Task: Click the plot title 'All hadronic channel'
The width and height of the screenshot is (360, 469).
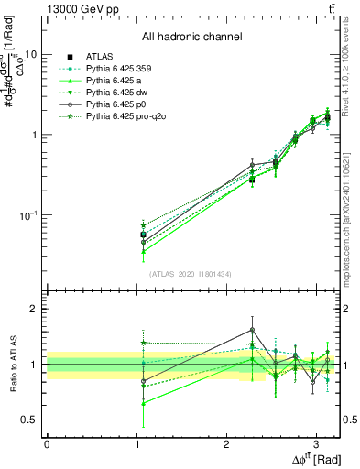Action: click(x=191, y=38)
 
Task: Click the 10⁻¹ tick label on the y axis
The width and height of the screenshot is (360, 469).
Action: click(x=27, y=215)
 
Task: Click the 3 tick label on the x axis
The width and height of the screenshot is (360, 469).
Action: click(x=315, y=443)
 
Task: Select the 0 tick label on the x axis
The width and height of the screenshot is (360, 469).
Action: click(x=47, y=443)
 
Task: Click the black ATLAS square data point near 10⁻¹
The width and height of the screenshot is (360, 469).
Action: click(x=143, y=234)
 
